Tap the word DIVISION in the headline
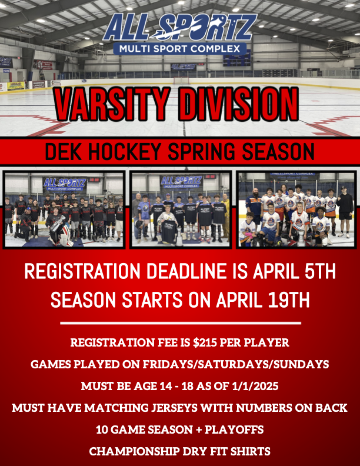point(238,104)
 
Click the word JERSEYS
point(175,408)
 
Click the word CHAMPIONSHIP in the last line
point(134,451)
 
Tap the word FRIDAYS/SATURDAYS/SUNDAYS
point(236,364)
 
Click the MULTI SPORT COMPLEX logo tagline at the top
point(179,49)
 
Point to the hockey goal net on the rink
point(182,81)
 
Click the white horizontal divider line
point(181,323)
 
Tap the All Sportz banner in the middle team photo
point(181,182)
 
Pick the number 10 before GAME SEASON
point(102,430)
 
